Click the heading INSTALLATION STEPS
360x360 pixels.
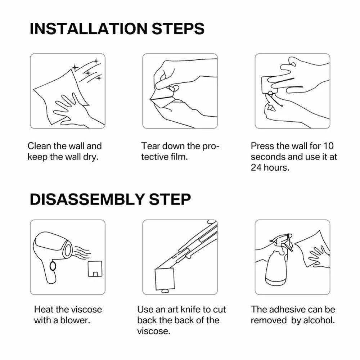(117, 29)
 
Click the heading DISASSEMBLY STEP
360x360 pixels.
(110, 199)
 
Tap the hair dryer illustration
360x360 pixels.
(54, 252)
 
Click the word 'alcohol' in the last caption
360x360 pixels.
(319, 320)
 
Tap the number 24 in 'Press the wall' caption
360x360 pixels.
(256, 168)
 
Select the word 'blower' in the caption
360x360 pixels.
(78, 320)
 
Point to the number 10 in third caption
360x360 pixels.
(328, 146)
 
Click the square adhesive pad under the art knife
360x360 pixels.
(165, 278)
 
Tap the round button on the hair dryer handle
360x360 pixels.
(53, 266)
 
